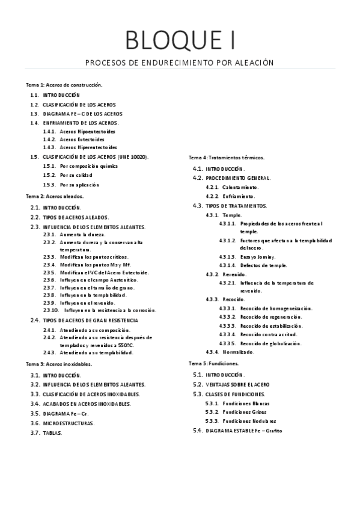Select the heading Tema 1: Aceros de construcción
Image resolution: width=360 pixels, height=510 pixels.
tap(64, 85)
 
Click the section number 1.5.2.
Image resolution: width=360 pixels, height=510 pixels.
tap(49, 175)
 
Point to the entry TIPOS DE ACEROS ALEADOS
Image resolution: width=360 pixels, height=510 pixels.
tap(76, 217)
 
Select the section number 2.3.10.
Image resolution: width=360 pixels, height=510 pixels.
tap(51, 310)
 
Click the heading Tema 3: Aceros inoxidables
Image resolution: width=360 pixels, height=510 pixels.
tap(59, 364)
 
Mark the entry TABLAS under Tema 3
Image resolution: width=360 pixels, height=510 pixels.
tap(52, 433)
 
